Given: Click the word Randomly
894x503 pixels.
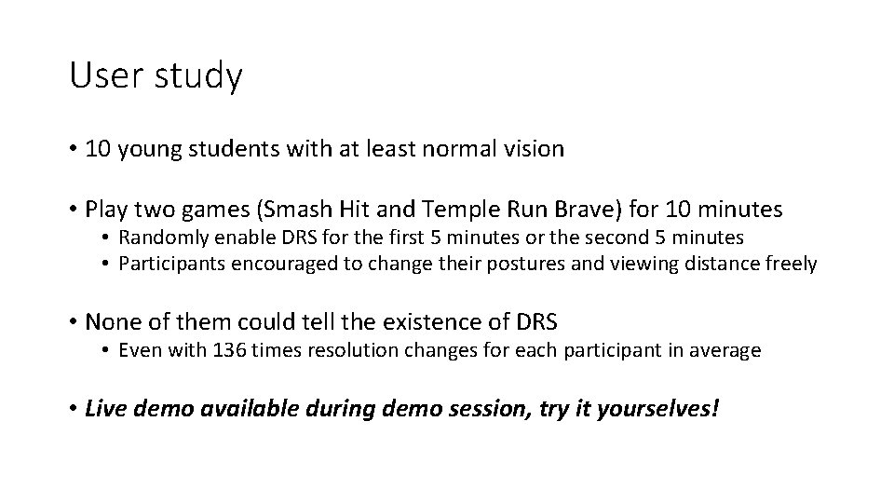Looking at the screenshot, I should [x=160, y=238].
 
